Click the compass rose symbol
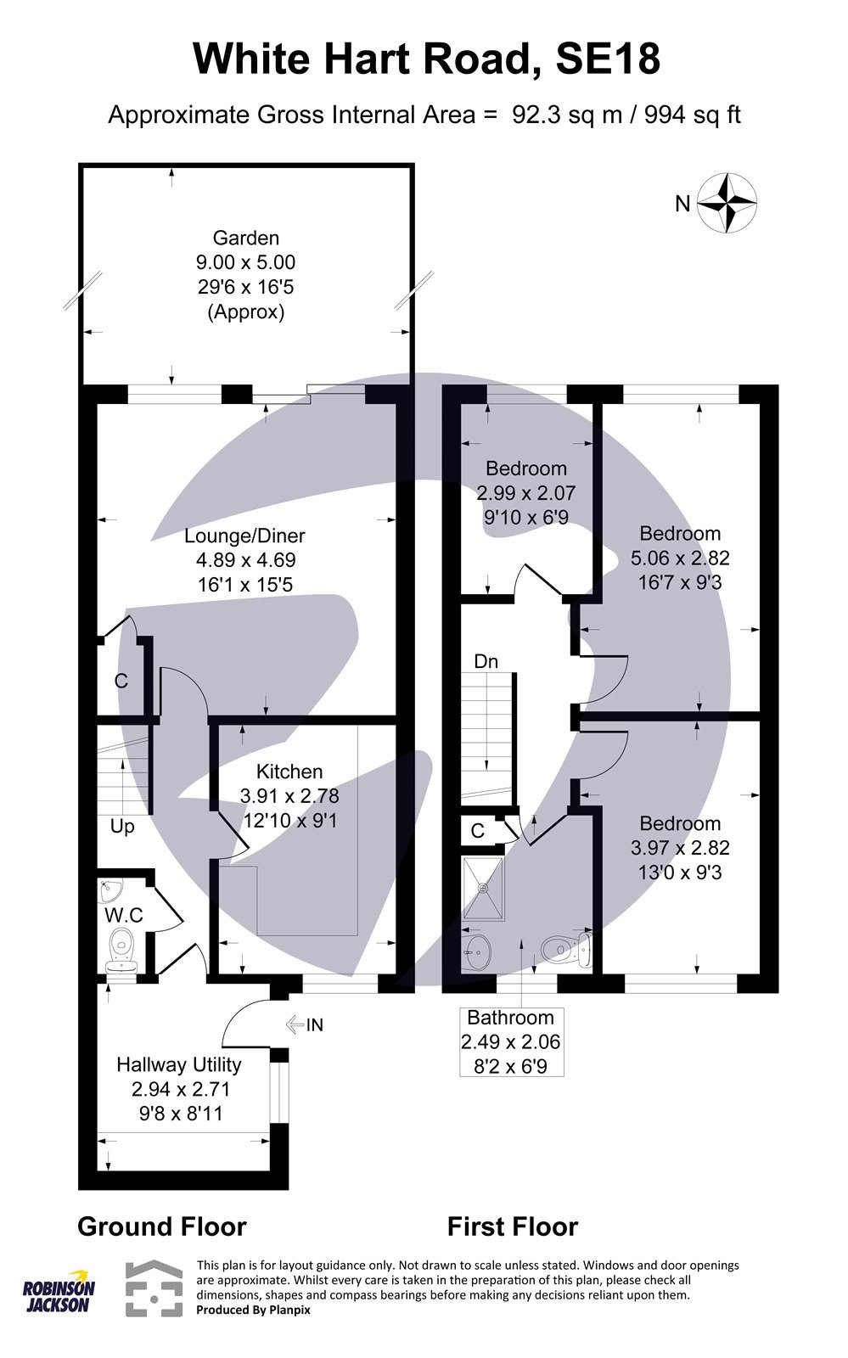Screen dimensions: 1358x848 tap(727, 202)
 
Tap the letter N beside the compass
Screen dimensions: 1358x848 tap(682, 204)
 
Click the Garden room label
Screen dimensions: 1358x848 tap(245, 238)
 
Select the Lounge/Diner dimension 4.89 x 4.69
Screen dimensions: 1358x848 tap(245, 560)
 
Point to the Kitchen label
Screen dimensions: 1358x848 tap(289, 772)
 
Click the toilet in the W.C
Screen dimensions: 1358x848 tap(123, 951)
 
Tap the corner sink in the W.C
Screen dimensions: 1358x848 tap(110, 892)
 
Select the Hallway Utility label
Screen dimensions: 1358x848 tap(178, 1064)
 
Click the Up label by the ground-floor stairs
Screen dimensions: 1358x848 tap(122, 826)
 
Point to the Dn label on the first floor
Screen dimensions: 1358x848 tap(486, 662)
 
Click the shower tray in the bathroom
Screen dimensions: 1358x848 tap(483, 888)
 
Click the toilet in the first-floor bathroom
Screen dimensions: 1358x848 tap(565, 951)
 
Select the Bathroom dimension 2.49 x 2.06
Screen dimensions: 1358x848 tap(510, 1041)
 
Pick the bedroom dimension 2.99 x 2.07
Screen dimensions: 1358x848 tap(525, 492)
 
